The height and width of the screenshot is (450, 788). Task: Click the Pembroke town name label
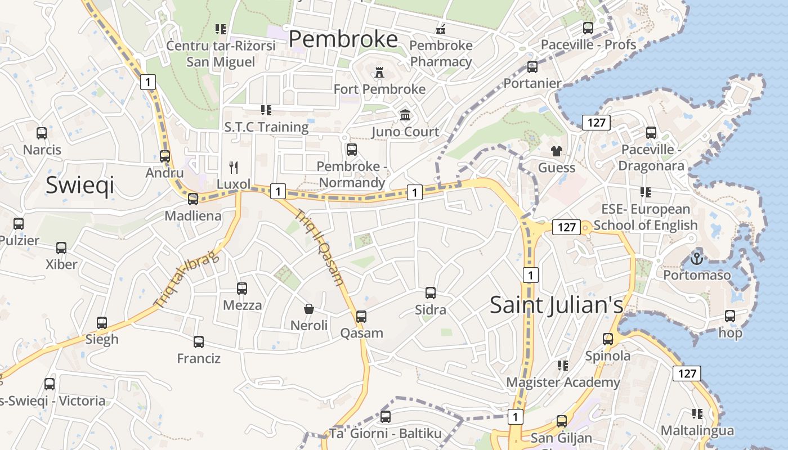point(343,39)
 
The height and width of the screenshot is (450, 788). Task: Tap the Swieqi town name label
point(80,184)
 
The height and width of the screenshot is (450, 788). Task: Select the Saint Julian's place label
point(556,304)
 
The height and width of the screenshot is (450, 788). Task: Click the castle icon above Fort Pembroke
point(379,72)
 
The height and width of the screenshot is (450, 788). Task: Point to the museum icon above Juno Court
point(405,115)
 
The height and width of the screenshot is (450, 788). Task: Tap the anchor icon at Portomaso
point(697,259)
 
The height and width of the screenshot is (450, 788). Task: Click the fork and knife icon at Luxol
point(234,167)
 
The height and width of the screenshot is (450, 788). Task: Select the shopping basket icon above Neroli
point(308,308)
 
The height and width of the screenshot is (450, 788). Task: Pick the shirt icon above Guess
point(557,151)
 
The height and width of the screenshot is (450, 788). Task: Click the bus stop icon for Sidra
point(431,292)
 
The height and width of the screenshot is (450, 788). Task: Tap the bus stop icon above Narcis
point(42,133)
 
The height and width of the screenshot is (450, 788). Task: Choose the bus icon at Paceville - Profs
point(588,28)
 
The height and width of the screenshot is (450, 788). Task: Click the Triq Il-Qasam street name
point(319,247)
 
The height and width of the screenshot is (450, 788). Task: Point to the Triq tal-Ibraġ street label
point(186,279)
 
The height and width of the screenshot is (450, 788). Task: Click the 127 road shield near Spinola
point(687,373)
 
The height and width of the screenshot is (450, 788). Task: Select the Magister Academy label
point(563,382)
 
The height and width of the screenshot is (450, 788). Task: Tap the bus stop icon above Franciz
point(198,341)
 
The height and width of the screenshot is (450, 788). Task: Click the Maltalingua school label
point(697,431)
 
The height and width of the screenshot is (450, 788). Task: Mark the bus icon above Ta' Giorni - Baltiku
point(386,416)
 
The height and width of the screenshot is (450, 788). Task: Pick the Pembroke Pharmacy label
point(441,53)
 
